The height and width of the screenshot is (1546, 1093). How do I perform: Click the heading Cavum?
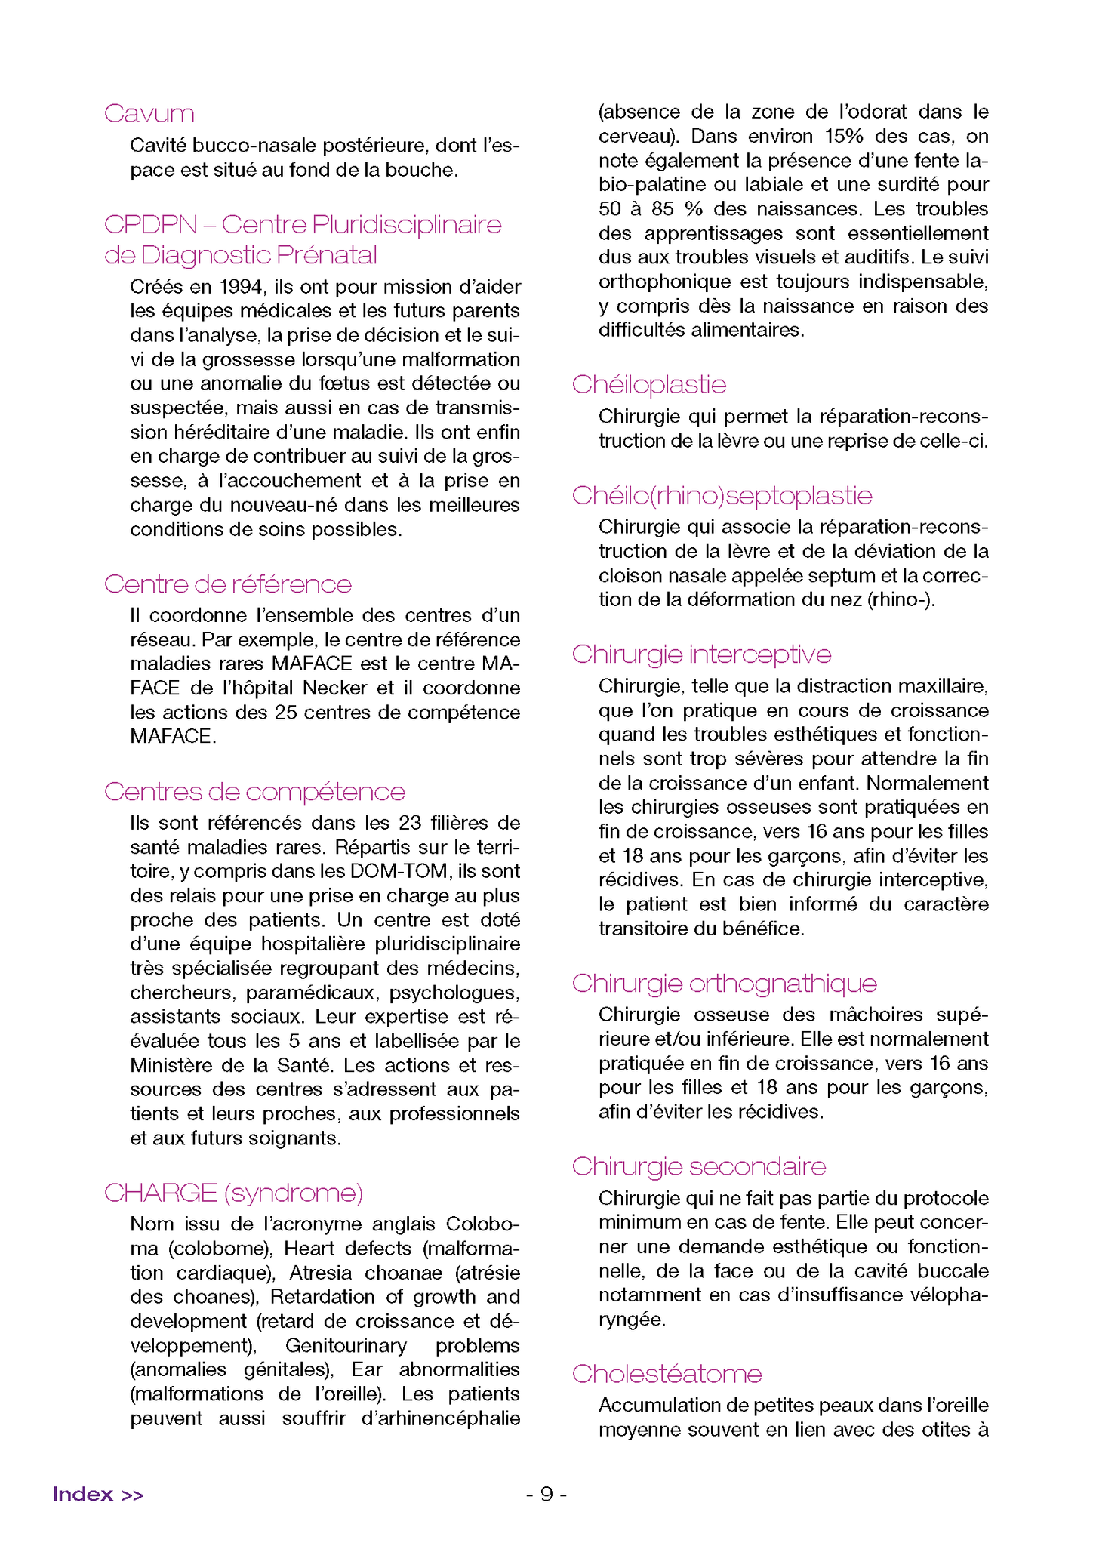click(x=149, y=114)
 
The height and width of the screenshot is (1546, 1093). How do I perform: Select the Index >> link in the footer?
click(x=98, y=1495)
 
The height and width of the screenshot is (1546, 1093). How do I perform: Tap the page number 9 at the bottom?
click(x=546, y=1495)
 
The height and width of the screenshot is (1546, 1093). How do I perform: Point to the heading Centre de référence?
click(x=228, y=584)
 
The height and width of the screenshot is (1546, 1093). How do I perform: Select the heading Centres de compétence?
click(x=254, y=792)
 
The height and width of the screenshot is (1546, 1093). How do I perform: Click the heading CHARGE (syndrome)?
click(x=234, y=1193)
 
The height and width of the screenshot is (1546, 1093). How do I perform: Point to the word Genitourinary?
click(x=346, y=1345)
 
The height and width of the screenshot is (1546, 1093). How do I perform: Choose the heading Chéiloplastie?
click(x=649, y=385)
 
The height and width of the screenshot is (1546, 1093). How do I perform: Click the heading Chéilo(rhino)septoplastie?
click(x=722, y=496)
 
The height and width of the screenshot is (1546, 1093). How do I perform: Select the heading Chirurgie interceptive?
click(x=702, y=654)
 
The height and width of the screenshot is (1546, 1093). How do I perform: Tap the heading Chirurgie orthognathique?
click(x=725, y=984)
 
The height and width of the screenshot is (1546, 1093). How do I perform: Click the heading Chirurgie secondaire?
click(x=699, y=1166)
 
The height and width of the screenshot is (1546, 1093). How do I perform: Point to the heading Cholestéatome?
click(x=667, y=1374)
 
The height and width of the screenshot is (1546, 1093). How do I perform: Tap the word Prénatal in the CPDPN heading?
click(x=327, y=256)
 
